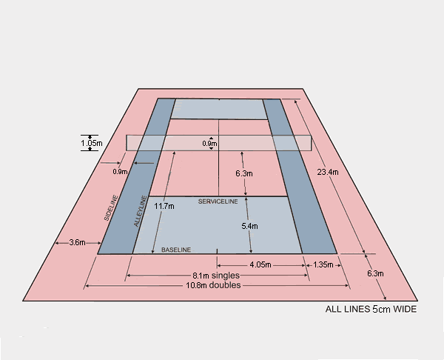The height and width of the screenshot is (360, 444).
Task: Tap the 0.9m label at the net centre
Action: click(x=209, y=144)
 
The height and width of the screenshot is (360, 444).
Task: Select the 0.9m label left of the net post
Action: click(x=121, y=172)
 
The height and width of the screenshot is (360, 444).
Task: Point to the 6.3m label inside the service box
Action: click(x=244, y=173)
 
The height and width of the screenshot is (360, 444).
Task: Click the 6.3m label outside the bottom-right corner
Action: click(x=376, y=273)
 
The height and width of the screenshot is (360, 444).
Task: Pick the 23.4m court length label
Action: click(x=327, y=173)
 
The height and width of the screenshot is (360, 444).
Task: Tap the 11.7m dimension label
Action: click(x=164, y=207)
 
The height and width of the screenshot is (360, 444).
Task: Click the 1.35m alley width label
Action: click(x=324, y=264)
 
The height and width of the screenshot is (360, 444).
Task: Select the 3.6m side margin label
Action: click(x=76, y=242)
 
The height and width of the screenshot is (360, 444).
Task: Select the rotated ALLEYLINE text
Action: click(x=138, y=212)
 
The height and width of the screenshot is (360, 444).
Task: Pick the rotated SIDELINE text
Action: click(x=111, y=208)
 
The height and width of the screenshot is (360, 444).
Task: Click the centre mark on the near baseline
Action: click(x=217, y=250)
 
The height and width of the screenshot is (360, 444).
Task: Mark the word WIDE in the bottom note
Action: click(x=404, y=310)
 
